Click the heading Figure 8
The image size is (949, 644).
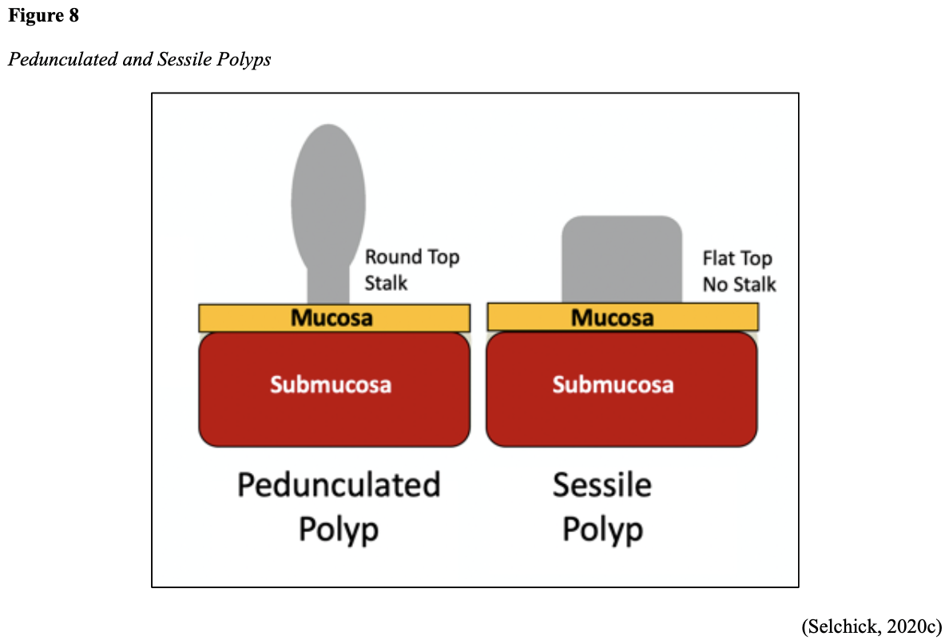pos(44,16)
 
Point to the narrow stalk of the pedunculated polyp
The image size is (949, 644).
pos(328,284)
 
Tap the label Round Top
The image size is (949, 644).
pos(412,257)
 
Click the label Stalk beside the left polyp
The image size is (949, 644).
pos(386,283)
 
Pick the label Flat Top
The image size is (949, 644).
pos(737,258)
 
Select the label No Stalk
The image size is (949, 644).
pos(740,284)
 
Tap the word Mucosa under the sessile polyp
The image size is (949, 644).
pos(613,318)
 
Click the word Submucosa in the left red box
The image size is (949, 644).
pos(331,385)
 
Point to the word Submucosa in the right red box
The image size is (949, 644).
pos(613,385)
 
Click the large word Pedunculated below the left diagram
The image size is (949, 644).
pos(339,485)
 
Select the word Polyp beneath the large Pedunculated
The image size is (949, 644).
pos(339,529)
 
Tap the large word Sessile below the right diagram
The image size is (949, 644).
pos(602,485)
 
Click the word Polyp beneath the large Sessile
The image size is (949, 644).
pos(602,529)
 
